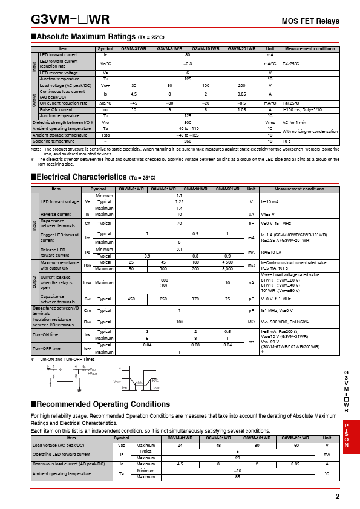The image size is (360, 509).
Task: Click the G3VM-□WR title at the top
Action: click(x=70, y=19)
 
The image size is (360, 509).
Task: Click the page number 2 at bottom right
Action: click(x=337, y=496)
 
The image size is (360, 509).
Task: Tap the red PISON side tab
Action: click(x=347, y=435)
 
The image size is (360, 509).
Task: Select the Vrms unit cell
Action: click(x=270, y=122)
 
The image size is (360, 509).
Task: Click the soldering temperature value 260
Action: click(x=188, y=141)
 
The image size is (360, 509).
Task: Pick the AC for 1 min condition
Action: click(x=295, y=122)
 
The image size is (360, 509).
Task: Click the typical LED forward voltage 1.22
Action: click(x=179, y=202)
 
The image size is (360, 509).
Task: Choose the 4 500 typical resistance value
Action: click(x=227, y=262)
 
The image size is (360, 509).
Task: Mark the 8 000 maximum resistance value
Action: click(x=227, y=268)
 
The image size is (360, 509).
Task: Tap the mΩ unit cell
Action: click(x=251, y=265)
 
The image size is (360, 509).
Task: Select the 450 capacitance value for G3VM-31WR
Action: click(x=131, y=299)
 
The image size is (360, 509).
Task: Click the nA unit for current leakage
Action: click(x=251, y=282)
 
